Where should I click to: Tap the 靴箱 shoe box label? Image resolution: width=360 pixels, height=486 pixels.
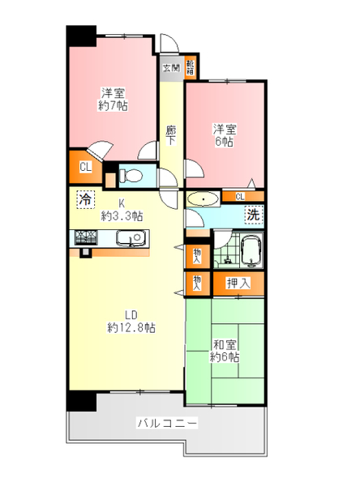[190, 66]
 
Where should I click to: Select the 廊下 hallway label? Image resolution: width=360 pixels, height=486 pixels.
[171, 134]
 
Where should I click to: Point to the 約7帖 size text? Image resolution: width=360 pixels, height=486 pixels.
[113, 105]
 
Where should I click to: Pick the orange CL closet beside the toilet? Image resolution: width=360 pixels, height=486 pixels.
[85, 168]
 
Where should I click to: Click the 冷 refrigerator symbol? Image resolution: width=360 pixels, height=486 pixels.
[84, 198]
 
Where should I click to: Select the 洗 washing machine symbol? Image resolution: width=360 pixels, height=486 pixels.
[253, 215]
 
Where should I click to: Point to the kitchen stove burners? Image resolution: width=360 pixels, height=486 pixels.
[87, 237]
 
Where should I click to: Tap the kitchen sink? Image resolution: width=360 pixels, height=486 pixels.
[129, 238]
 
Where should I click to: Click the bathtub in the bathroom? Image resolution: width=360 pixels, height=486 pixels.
[251, 249]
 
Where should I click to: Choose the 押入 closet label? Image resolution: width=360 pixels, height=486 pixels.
[238, 283]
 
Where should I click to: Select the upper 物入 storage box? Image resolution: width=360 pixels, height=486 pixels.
[197, 255]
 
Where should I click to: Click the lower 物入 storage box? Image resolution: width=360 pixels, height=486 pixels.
[197, 282]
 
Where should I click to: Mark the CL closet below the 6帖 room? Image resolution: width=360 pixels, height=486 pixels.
[241, 196]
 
